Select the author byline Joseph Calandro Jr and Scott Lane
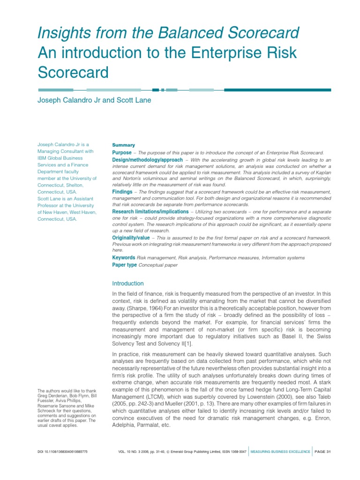94,100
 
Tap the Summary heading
123,145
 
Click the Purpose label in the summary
122,153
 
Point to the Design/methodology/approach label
147,160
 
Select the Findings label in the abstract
122,192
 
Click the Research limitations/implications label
150,211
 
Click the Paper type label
125,265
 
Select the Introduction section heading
128,284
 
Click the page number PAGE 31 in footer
323,451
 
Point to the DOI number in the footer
62,451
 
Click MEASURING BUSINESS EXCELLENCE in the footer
280,451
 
